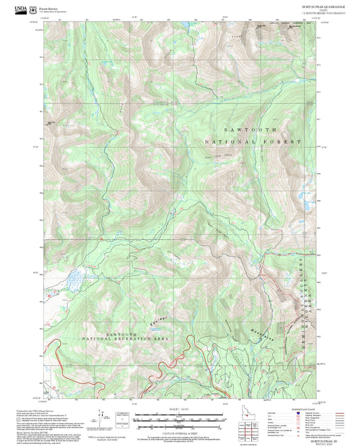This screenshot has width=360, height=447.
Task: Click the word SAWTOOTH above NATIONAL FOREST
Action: pyautogui.click(x=256, y=128)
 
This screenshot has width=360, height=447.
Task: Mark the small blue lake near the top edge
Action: pyautogui.click(x=182, y=25)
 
